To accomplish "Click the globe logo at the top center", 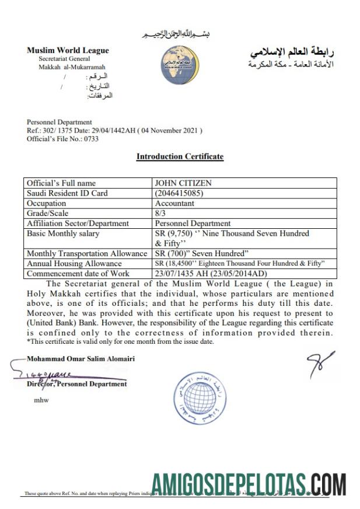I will (180, 64).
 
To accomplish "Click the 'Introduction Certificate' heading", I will (180, 156).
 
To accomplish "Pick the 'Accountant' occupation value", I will (174, 203).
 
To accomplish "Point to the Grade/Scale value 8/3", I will (160, 213).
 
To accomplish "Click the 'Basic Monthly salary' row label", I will (63, 233).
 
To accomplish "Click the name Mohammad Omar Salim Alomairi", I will (81, 358).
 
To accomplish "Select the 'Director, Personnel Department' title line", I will (76, 384).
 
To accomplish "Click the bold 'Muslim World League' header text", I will (68, 50).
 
